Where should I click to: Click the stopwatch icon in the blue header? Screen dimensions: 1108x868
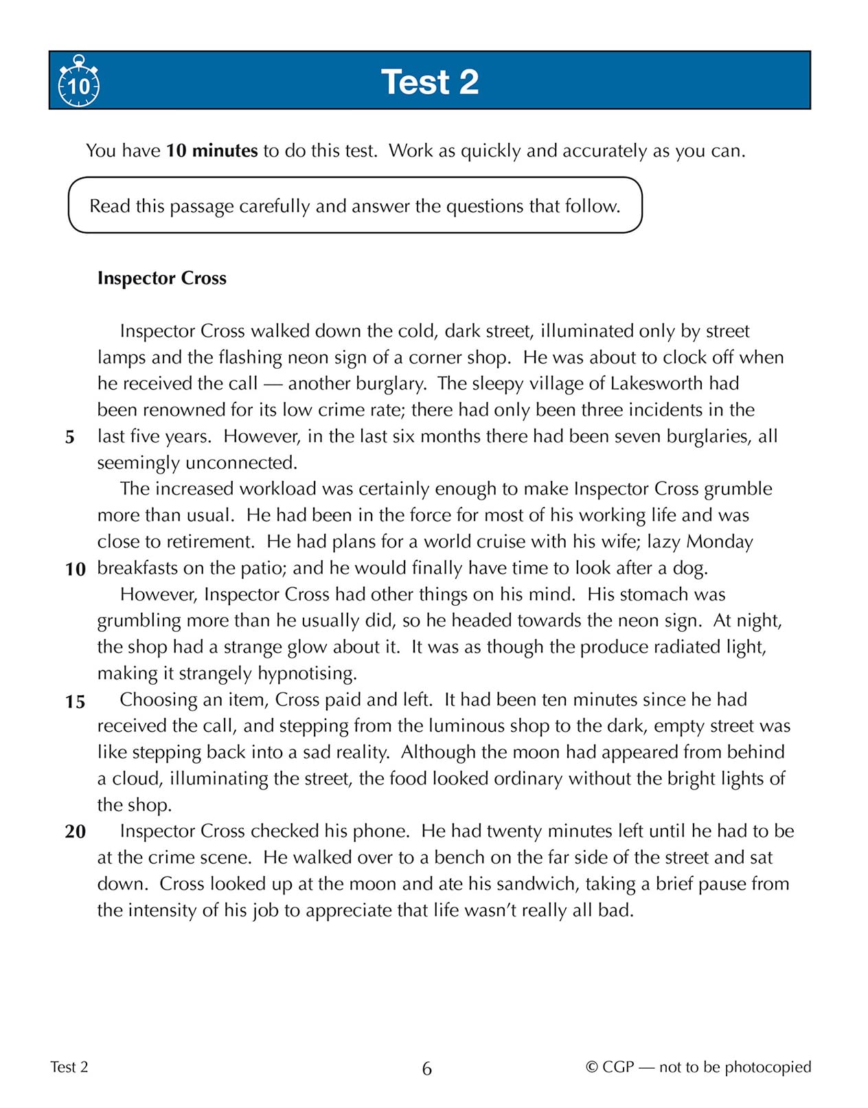pos(79,83)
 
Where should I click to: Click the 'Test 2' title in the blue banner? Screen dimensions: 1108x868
pos(430,82)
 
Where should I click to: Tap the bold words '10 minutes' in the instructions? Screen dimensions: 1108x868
pos(212,151)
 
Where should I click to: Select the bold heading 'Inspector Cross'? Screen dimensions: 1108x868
pos(161,278)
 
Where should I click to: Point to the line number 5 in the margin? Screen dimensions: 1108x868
pos(70,438)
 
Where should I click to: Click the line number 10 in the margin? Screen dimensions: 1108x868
pos(75,569)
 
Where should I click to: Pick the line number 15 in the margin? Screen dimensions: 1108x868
pos(75,702)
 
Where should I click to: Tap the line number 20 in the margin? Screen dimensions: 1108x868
pos(75,832)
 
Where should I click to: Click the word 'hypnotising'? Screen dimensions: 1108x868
pos(307,673)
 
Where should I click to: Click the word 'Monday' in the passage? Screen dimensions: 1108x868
pos(720,541)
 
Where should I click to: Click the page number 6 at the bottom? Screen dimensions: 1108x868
pos(426,1069)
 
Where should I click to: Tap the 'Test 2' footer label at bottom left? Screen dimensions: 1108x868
pos(69,1067)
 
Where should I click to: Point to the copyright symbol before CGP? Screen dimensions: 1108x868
pos(591,1067)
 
